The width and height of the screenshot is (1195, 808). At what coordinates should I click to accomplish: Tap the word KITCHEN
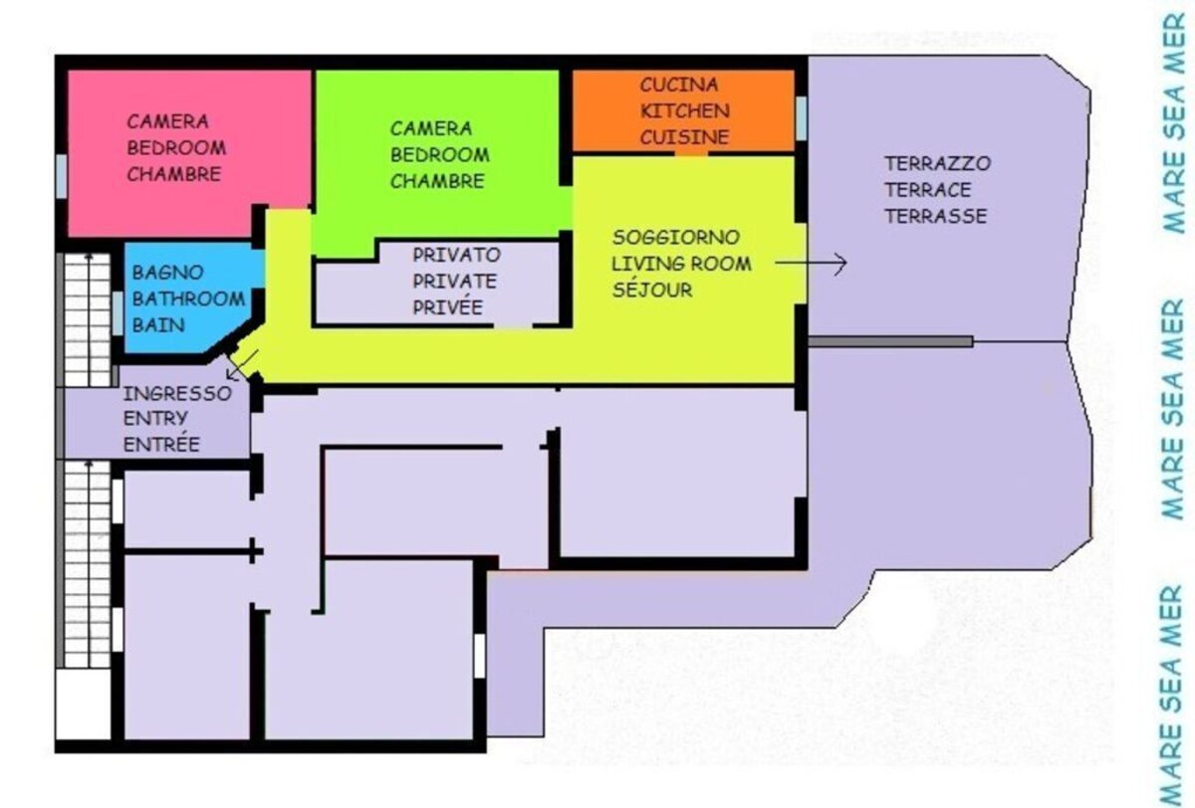click(685, 110)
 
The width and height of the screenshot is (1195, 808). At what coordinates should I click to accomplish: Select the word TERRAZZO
click(938, 163)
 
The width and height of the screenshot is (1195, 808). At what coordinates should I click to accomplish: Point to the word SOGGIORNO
click(676, 237)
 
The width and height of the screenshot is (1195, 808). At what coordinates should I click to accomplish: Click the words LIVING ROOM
click(681, 264)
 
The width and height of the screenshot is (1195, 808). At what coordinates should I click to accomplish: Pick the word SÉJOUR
click(652, 289)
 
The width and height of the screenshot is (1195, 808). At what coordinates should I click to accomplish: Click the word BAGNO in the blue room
click(168, 273)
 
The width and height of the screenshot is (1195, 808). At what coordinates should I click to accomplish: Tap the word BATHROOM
click(188, 299)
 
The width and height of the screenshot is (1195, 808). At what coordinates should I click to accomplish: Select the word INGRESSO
click(177, 394)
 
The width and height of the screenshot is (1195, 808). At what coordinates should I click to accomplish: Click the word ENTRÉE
click(161, 443)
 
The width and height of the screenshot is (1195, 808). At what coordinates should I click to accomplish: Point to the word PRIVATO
click(457, 255)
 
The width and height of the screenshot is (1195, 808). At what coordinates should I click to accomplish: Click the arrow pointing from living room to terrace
click(811, 263)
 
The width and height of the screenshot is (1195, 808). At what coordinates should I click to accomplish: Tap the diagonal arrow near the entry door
click(242, 365)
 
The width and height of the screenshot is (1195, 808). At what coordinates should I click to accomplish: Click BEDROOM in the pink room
click(176, 147)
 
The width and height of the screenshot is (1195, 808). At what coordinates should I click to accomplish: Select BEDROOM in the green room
click(440, 154)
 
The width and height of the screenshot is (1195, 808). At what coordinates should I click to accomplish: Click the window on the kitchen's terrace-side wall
click(801, 118)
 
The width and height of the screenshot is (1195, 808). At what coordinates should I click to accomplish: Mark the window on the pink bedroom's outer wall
click(62, 176)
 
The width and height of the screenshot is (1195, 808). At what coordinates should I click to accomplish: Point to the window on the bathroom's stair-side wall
click(118, 313)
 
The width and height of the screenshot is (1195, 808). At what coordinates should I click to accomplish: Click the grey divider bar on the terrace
click(891, 341)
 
